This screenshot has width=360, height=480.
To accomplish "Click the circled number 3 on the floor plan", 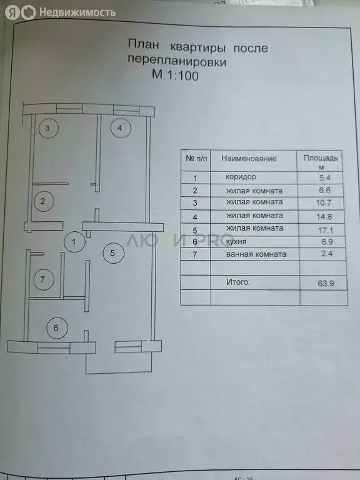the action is pos(48,128).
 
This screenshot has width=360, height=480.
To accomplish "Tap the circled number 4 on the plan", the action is pos(121,128).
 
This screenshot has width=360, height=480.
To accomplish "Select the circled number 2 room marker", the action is pos(44,201).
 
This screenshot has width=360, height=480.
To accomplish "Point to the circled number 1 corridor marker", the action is pos(74,242).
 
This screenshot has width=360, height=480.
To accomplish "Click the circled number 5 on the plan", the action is pos(114,253).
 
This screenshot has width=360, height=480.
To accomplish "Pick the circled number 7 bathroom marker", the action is pos(44,279).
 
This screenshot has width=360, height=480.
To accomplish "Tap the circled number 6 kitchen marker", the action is pos(57,328).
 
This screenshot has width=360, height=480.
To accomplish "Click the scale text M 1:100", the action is pos(175,75).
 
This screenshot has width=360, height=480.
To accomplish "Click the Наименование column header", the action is pos(249,159).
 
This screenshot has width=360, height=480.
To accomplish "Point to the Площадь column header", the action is pos(321,158).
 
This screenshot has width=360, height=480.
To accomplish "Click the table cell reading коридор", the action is pos(241,177).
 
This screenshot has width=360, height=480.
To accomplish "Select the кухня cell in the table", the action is pos(236,242).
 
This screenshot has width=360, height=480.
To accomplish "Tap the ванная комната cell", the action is pos(256,254).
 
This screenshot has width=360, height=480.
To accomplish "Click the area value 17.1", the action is pos(325,230).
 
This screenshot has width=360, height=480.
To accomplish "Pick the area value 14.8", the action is pos(325,217).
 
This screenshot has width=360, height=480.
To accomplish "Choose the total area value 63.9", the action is pos(326,283).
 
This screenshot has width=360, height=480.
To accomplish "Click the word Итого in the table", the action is pos(238,282).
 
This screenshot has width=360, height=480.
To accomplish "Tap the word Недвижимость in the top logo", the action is pos(77,12).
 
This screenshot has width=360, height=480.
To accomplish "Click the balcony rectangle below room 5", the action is pos(119,373).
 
